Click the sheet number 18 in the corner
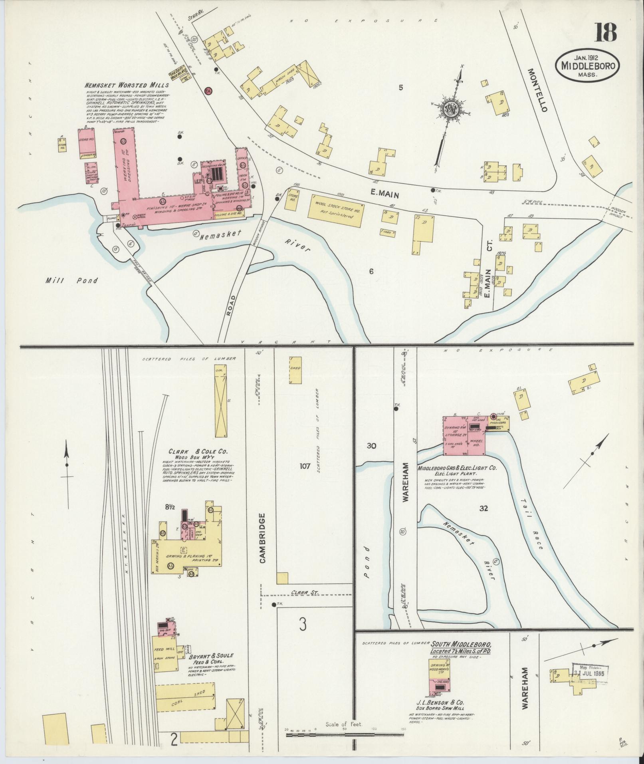[x=606, y=33]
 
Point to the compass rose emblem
[x=450, y=107]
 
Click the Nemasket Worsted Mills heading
[x=126, y=85]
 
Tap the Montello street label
[x=537, y=89]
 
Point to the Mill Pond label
[x=71, y=281]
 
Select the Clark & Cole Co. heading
[x=198, y=452]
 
